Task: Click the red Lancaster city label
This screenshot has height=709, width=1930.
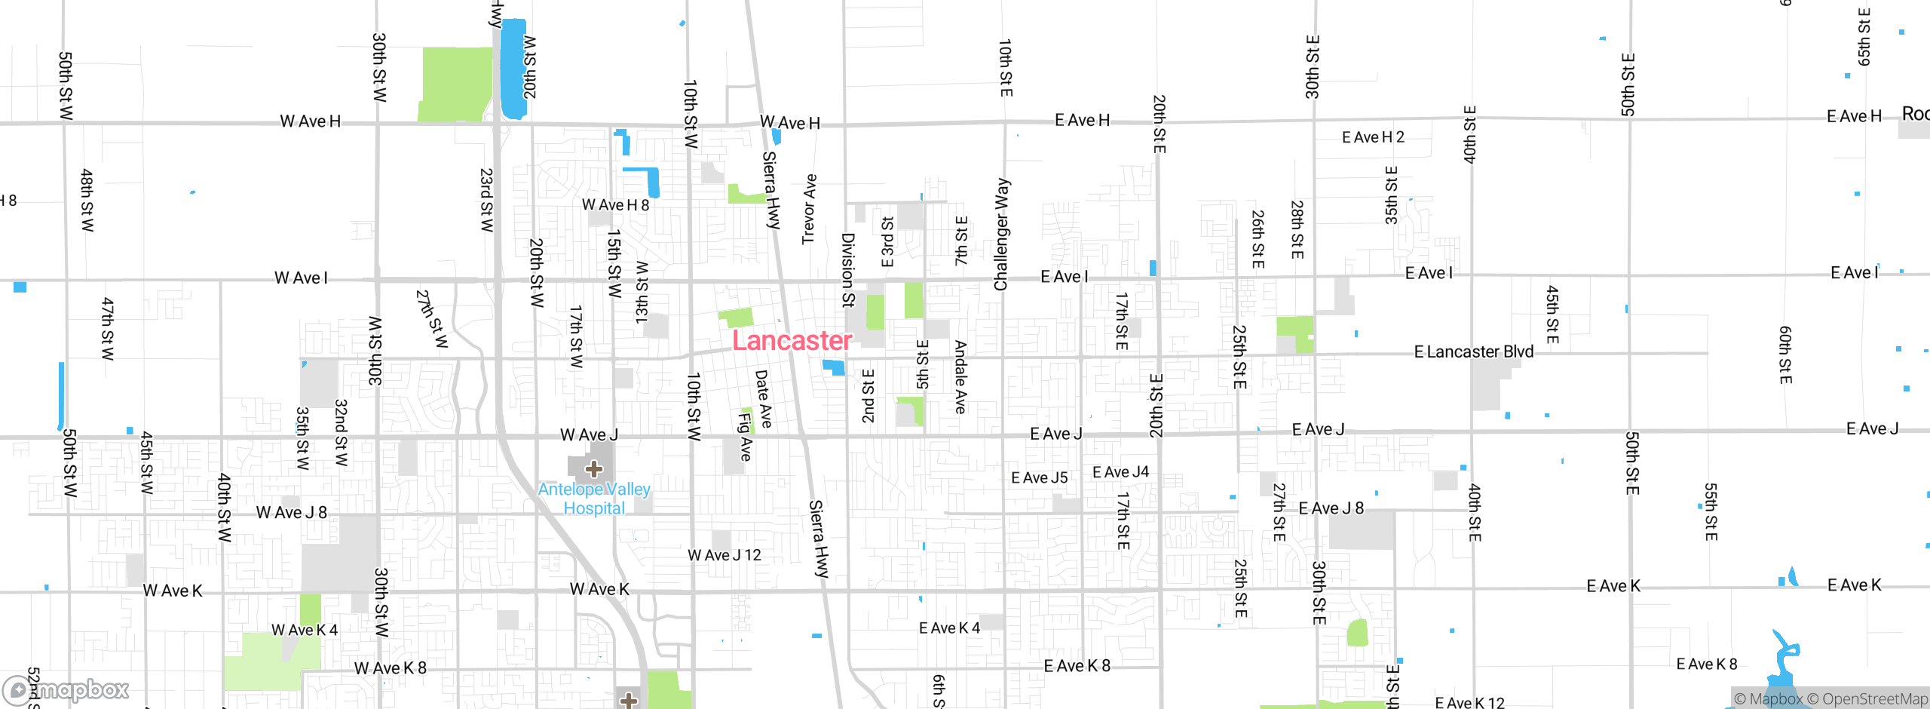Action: point(792,341)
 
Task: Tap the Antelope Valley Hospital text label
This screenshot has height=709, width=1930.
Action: point(594,499)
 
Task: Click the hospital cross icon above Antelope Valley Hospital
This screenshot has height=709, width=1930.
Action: point(594,469)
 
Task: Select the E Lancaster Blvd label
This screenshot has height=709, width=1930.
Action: point(1473,351)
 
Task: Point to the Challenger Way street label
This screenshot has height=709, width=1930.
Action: point(1001,234)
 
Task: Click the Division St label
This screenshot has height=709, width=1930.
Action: point(848,270)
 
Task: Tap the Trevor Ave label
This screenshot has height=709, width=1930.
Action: point(809,209)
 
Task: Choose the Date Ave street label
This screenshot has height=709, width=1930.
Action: point(764,398)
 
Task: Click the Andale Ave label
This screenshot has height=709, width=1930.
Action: point(960,376)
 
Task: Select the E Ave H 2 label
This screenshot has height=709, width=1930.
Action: point(1373,137)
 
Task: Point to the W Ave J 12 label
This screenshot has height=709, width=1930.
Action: point(724,555)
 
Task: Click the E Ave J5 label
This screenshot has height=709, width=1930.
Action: point(1039,477)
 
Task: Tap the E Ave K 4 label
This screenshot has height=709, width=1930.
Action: point(949,628)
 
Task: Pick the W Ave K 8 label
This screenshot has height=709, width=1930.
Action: point(390,668)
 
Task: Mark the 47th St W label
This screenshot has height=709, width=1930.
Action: point(108,328)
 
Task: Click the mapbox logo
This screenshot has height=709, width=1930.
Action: point(66,690)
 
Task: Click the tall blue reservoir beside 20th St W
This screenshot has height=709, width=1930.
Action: point(513,68)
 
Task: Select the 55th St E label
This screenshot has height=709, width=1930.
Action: point(1711,511)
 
